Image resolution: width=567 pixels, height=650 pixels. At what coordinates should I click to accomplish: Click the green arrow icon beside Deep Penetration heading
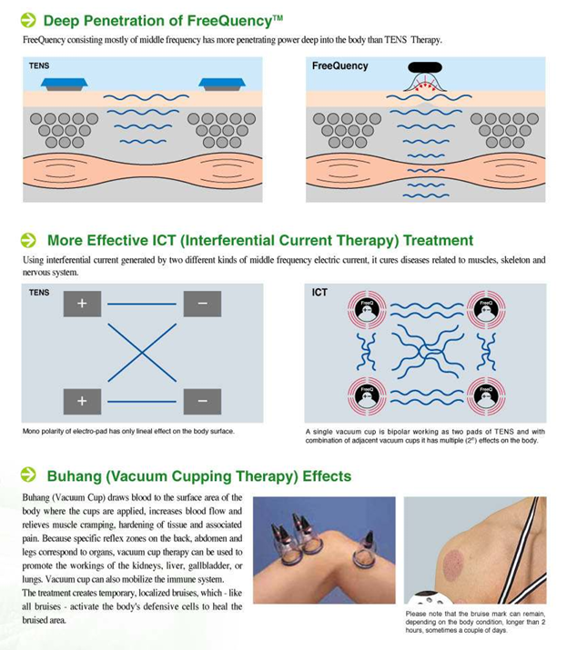pyautogui.click(x=28, y=18)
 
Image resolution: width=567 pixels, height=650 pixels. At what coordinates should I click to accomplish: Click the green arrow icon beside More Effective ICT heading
pyautogui.click(x=28, y=241)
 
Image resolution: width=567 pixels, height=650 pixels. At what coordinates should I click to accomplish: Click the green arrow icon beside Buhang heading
pyautogui.click(x=28, y=475)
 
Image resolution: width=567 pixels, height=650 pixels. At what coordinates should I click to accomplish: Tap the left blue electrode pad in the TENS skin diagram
pyautogui.click(x=64, y=84)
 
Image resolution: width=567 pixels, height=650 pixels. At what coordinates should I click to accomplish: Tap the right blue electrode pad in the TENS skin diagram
pyautogui.click(x=222, y=84)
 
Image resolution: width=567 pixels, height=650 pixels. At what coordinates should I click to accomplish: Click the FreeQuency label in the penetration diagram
pyautogui.click(x=339, y=66)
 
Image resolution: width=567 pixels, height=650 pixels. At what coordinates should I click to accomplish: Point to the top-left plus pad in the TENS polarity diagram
pyautogui.click(x=82, y=304)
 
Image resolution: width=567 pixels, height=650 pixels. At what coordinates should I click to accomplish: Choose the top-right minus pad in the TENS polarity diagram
pyautogui.click(x=202, y=304)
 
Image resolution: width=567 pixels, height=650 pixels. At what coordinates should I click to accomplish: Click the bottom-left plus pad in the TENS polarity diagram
pyautogui.click(x=82, y=400)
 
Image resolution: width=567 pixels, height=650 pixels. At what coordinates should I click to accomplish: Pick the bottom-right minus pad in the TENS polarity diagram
pyautogui.click(x=202, y=400)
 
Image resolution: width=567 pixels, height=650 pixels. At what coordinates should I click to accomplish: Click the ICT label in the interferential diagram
pyautogui.click(x=319, y=293)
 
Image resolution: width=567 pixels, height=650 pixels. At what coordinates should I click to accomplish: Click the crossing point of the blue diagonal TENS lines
pyautogui.click(x=142, y=353)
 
